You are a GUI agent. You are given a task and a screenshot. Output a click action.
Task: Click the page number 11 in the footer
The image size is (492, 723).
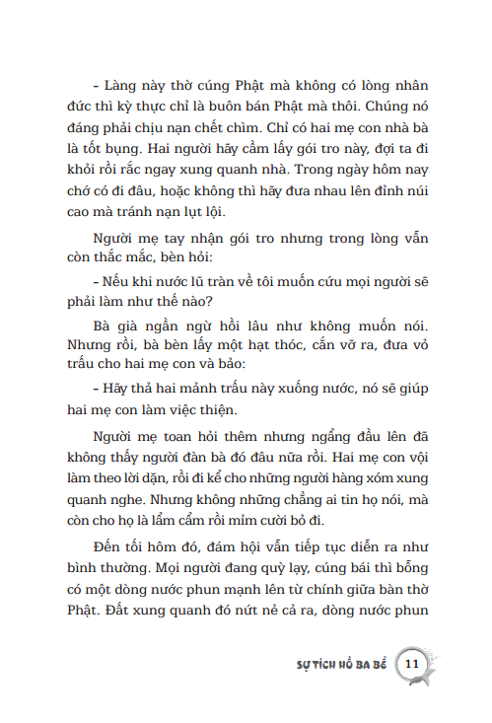413,663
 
